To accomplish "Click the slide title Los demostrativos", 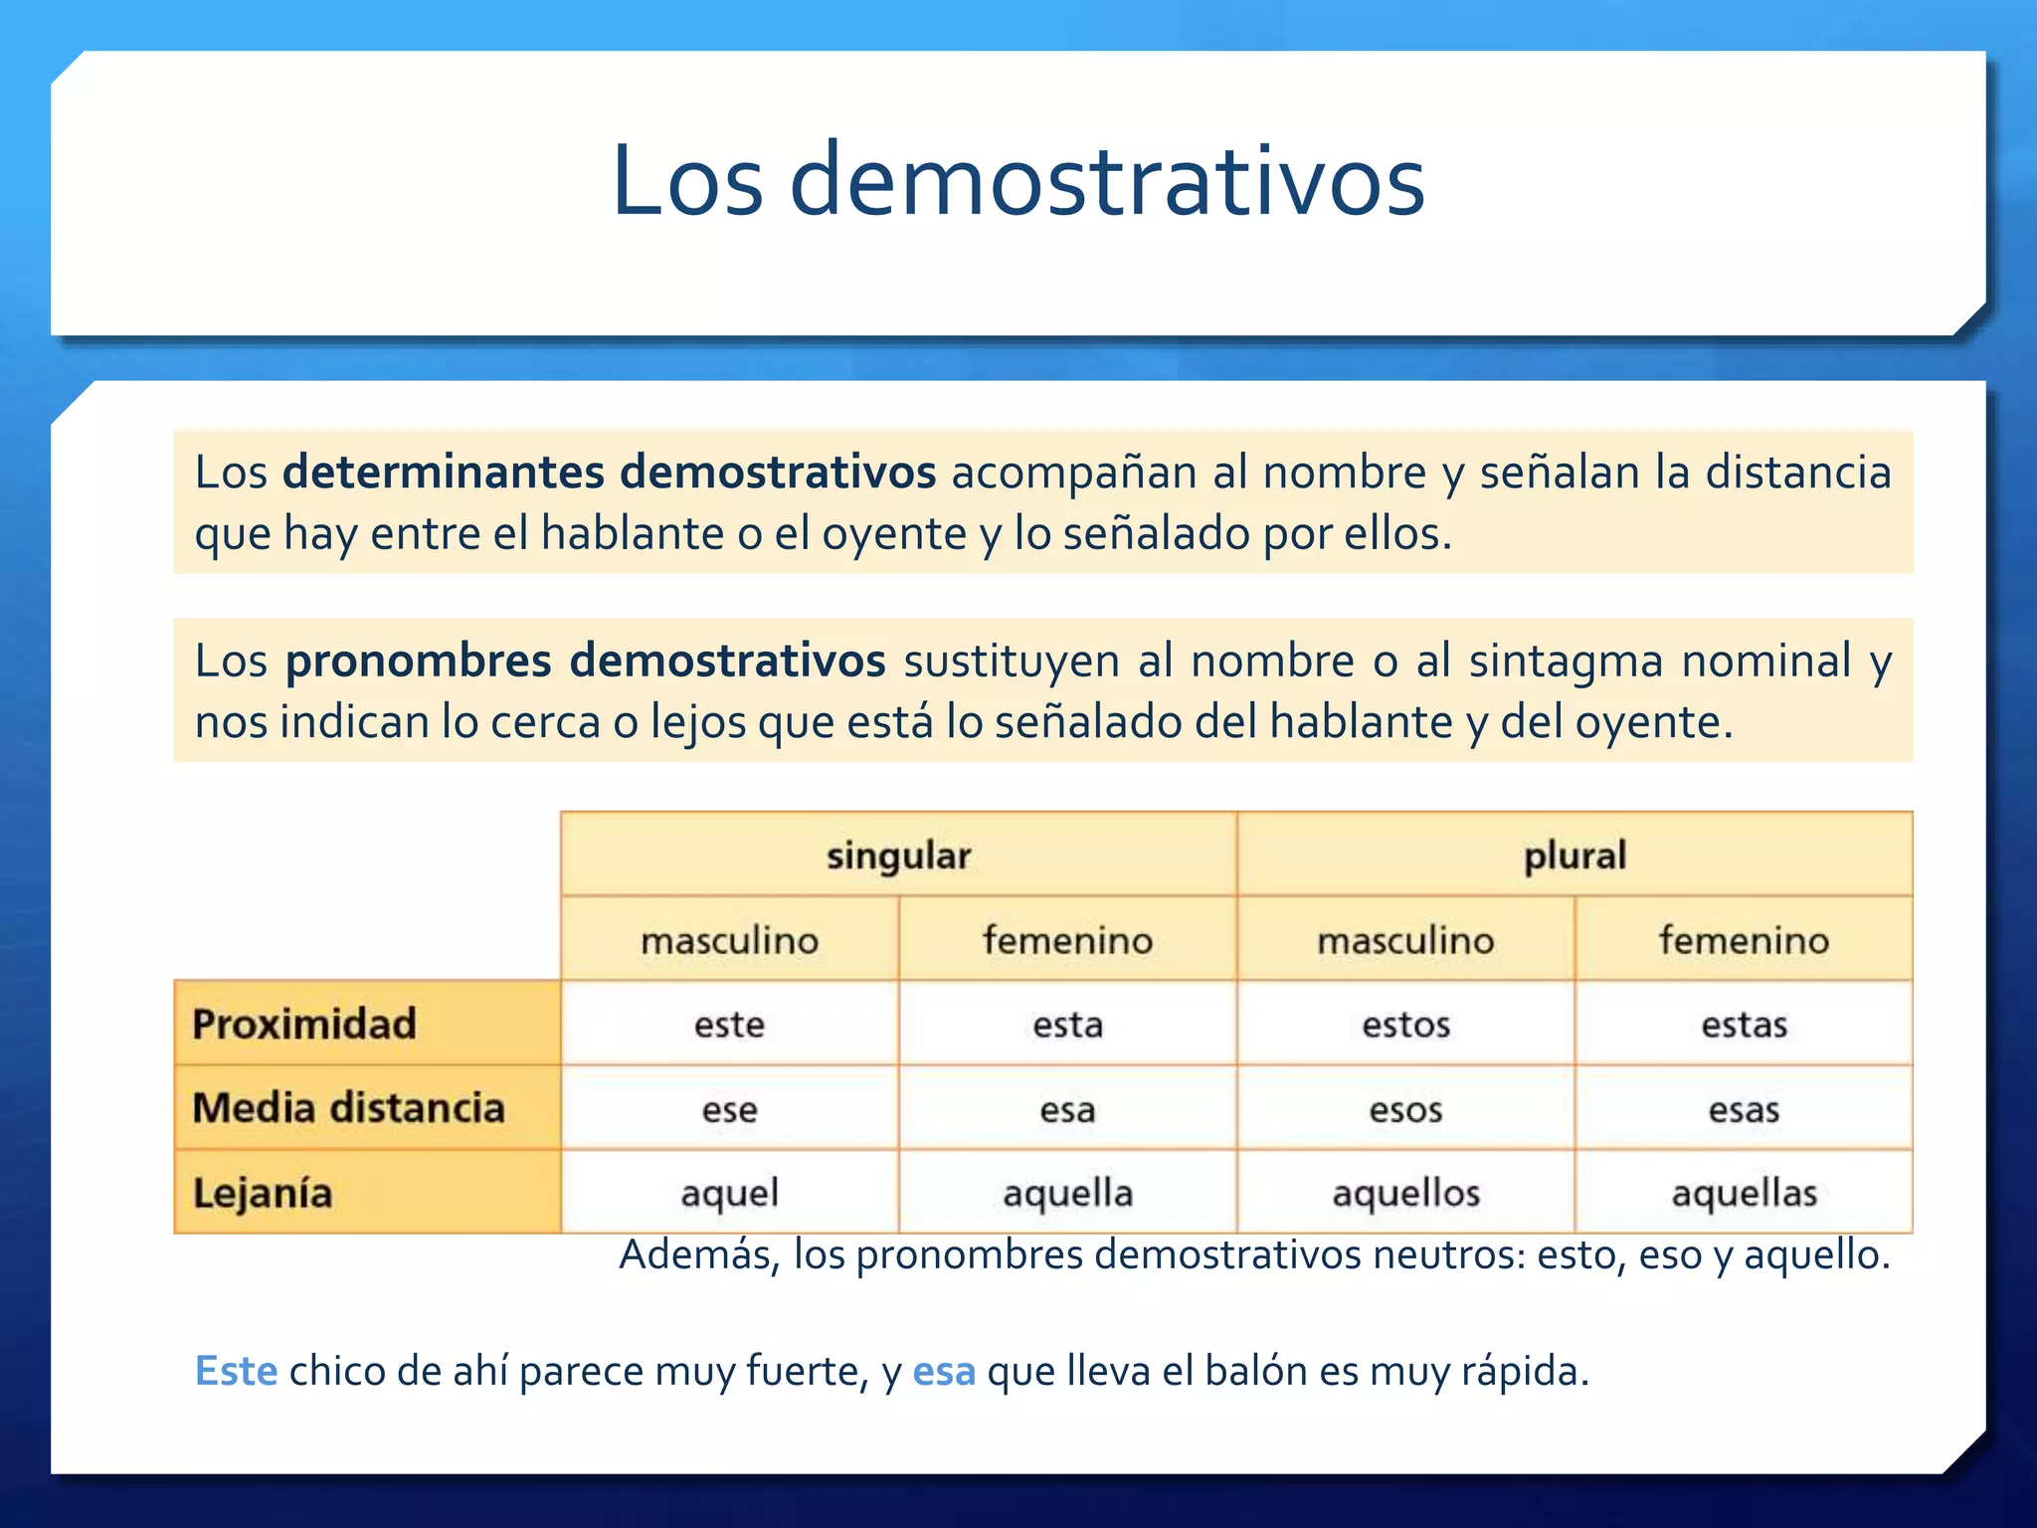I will click(1018, 181).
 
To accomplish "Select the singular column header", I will click(898, 856).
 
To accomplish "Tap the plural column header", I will click(1574, 856).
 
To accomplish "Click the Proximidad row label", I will click(304, 1024).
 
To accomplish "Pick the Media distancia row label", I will click(348, 1108).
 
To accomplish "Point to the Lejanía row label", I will click(263, 1193).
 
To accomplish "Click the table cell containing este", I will click(729, 1025).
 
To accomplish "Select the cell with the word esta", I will click(1067, 1025).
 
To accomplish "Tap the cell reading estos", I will click(1405, 1025).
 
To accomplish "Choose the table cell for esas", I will click(1744, 1109).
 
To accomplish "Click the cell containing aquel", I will click(729, 1193).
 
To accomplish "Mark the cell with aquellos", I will click(1405, 1193).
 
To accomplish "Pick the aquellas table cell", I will click(1744, 1193).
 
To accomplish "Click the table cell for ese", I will click(729, 1109).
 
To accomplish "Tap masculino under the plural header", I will click(1405, 940).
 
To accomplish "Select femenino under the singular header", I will click(1067, 940).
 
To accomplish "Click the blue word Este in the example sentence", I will click(236, 1371).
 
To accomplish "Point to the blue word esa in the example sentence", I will click(944, 1372).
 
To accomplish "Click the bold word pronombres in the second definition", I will click(418, 662).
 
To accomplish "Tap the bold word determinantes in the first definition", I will click(443, 473).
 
